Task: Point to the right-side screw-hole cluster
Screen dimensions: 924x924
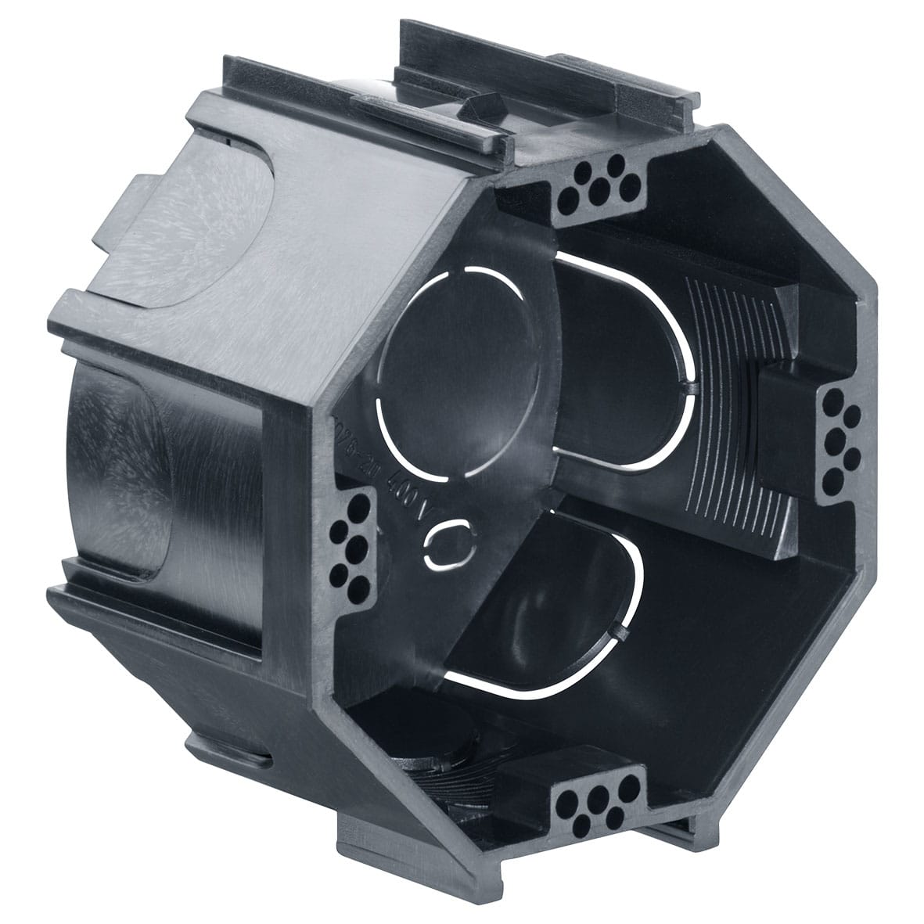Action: pos(840,434)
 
